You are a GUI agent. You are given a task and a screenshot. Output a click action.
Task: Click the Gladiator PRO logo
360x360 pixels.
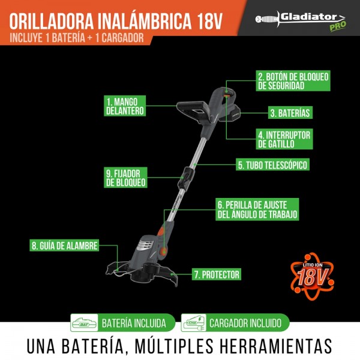coord(301,20)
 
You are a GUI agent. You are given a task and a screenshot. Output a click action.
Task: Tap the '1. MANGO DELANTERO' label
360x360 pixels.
coord(125,106)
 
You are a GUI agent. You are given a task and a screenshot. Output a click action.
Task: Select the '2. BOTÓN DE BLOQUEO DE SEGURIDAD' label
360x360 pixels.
coord(293,80)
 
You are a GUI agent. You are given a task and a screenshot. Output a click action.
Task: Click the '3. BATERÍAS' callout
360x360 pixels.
coord(290,113)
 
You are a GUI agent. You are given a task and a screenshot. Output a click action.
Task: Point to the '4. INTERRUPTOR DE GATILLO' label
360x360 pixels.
coord(284,139)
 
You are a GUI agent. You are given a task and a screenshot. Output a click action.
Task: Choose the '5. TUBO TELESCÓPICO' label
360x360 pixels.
coord(272,164)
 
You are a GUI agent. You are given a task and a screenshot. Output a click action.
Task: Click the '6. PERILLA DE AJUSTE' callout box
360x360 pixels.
coord(257,209)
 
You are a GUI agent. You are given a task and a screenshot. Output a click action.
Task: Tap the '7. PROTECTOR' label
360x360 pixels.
coord(217,274)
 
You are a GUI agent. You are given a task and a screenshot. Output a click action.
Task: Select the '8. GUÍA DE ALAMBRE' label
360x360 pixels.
coord(64,245)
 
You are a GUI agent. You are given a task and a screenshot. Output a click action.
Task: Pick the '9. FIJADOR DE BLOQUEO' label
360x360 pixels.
coord(125,178)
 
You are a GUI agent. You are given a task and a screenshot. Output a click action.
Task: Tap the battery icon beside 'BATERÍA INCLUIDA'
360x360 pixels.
coord(84,323)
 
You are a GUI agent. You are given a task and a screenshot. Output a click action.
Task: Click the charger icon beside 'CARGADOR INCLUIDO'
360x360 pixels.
coord(194,323)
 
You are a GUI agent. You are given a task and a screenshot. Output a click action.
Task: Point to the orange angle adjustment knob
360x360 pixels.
coord(163,250)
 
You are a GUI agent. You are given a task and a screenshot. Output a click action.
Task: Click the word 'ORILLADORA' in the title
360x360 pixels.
coord(52,22)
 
